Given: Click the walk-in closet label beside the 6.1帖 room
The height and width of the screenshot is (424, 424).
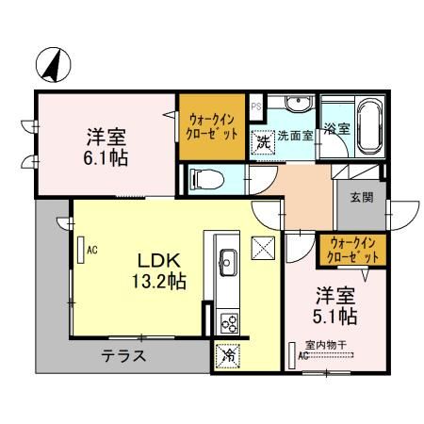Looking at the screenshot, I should pyautogui.click(x=212, y=126).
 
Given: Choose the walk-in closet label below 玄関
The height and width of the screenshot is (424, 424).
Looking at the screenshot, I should pyautogui.click(x=350, y=250).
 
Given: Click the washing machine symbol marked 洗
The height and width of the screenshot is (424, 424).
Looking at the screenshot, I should pyautogui.click(x=261, y=140).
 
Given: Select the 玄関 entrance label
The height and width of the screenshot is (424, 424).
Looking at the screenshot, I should pyautogui.click(x=361, y=197).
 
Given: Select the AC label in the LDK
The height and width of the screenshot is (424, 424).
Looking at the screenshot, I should pyautogui.click(x=92, y=252).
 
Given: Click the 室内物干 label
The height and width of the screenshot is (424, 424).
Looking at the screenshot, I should pyautogui.click(x=327, y=345).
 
